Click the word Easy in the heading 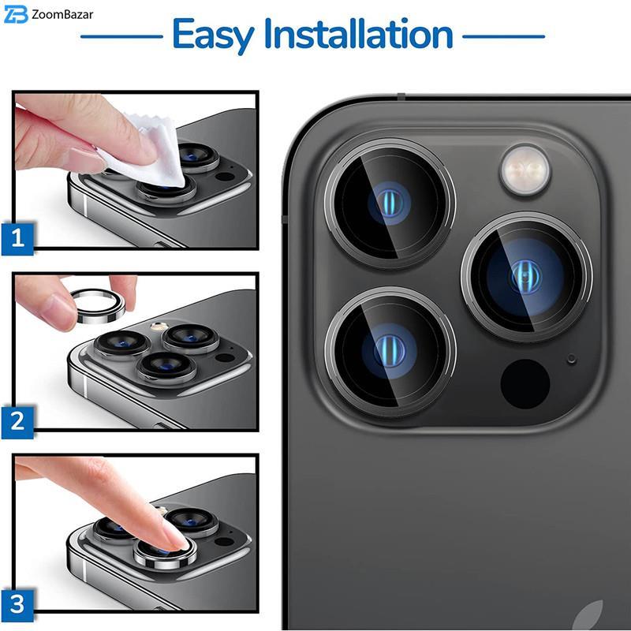pos(213,35)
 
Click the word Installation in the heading pos(359,34)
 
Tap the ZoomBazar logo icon pos(16,14)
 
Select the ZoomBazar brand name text pos(62,15)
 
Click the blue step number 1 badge pos(17,239)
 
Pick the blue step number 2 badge pos(17,422)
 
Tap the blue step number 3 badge pos(17,605)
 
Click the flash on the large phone pos(525,170)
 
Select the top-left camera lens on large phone pos(390,203)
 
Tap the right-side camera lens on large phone pos(526,277)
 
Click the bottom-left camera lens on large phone pos(390,351)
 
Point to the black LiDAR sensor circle pos(525,384)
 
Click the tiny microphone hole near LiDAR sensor pos(571,359)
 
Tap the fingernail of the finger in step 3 pos(176,535)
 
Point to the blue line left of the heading pos(121,36)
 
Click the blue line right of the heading pos(504,36)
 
